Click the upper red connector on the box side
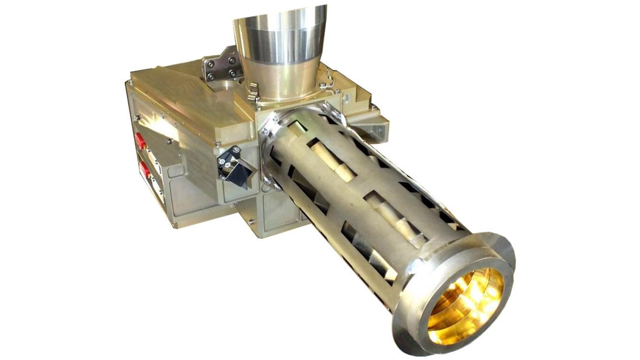[140, 140]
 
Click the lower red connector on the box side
[145, 170]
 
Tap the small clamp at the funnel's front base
[253, 92]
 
